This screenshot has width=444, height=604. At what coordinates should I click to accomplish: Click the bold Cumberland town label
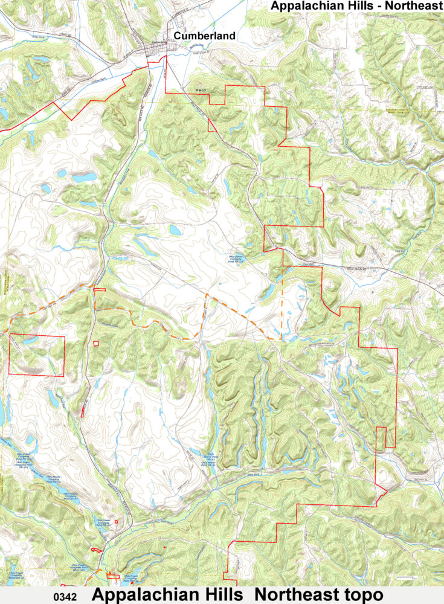pyautogui.click(x=204, y=36)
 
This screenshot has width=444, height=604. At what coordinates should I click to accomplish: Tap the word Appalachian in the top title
pyautogui.click(x=309, y=7)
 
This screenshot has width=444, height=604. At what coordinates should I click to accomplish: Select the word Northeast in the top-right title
pyautogui.click(x=417, y=7)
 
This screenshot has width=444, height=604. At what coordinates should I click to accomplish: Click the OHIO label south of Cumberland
pyautogui.click(x=201, y=89)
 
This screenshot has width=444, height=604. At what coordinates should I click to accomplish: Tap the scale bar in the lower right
pyautogui.click(x=408, y=578)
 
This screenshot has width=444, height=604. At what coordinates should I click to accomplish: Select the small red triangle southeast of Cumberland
pyautogui.click(x=211, y=126)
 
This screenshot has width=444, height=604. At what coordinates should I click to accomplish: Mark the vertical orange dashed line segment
pyautogui.click(x=281, y=314)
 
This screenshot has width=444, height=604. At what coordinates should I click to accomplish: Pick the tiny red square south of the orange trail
pyautogui.click(x=96, y=344)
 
